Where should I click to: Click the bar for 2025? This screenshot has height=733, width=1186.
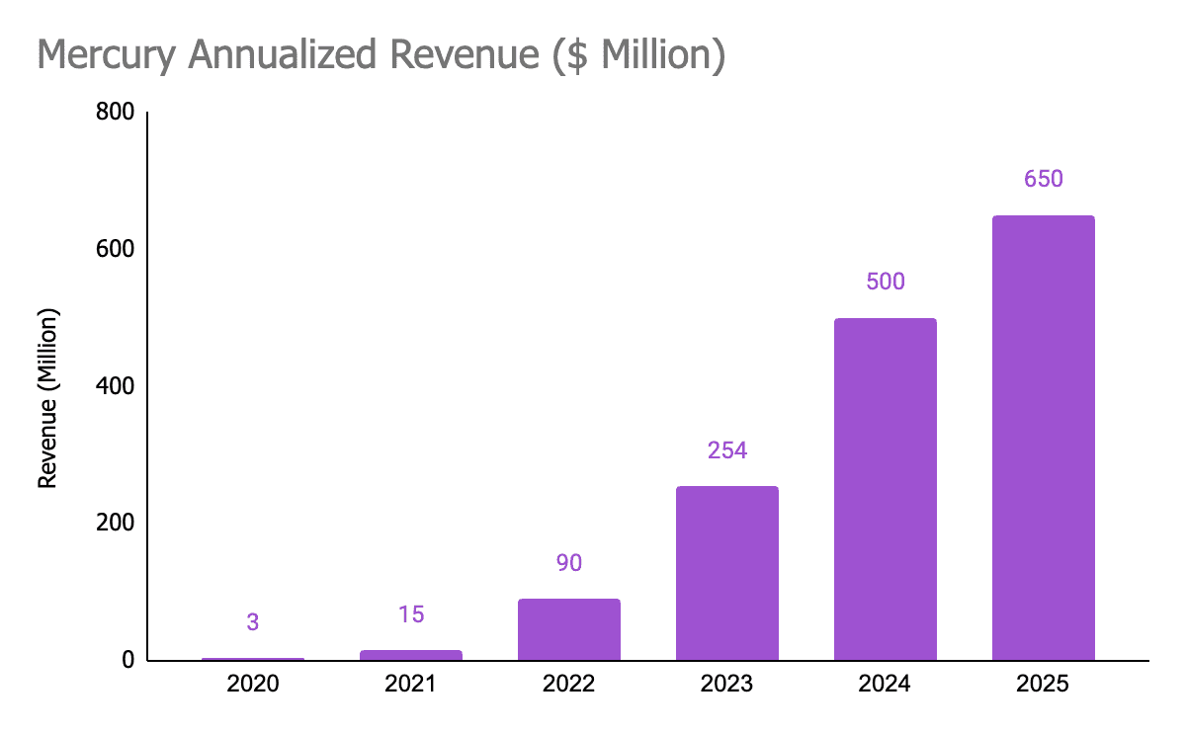pos(1043,438)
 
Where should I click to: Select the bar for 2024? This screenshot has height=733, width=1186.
pos(885,489)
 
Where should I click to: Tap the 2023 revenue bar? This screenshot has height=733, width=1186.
pos(726,573)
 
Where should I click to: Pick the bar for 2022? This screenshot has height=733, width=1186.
pos(568,629)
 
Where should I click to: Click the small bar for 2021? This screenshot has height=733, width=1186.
pos(410,655)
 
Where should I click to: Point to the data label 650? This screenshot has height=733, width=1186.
pos(1043,179)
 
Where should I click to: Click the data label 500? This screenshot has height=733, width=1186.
pos(885,282)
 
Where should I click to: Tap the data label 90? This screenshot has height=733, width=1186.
pos(568,563)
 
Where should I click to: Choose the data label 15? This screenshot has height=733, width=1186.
pos(410,614)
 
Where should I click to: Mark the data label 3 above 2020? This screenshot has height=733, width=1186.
pos(252,622)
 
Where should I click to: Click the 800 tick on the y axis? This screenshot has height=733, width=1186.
pos(115,113)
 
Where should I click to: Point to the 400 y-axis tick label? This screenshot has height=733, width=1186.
pos(115,386)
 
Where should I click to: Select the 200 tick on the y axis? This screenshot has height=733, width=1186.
pos(115,523)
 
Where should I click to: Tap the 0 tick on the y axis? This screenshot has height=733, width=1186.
pos(128,660)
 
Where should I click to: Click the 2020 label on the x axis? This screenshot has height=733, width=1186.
pos(252,684)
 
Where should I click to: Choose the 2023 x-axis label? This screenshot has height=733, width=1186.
pos(726,684)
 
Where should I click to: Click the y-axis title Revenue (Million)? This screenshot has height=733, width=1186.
pos(47,398)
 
